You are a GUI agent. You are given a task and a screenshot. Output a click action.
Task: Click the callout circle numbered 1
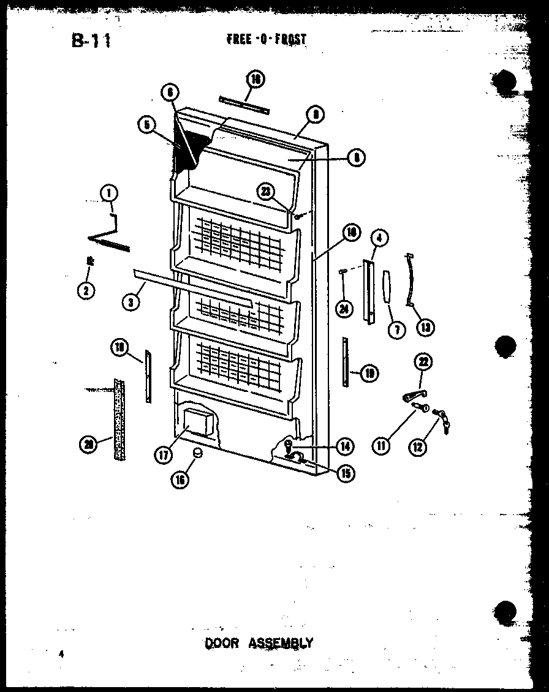(x=110, y=194)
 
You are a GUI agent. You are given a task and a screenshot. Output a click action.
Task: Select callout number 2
(x=86, y=291)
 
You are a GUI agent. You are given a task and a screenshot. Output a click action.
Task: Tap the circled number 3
(x=130, y=301)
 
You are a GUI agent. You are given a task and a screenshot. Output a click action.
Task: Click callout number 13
(x=424, y=328)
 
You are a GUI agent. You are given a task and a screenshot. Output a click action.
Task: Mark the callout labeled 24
(x=344, y=309)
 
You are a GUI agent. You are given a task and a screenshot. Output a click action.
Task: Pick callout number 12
(x=418, y=448)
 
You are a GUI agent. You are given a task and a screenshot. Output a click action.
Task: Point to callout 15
(x=347, y=473)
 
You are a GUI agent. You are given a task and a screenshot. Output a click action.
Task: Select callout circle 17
(x=162, y=455)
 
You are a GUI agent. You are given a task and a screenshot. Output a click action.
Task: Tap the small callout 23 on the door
(x=265, y=192)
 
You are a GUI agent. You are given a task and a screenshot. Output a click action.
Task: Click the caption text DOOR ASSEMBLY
(x=258, y=643)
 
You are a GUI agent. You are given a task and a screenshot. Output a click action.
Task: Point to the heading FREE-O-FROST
(x=266, y=40)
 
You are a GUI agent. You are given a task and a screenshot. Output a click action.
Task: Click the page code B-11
(x=91, y=41)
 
